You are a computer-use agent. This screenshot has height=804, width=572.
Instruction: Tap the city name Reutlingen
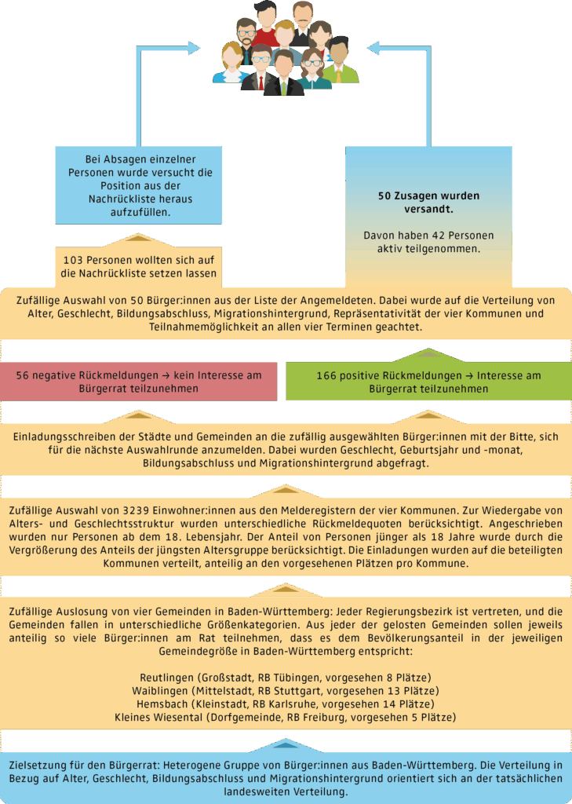pyautogui.click(x=163, y=678)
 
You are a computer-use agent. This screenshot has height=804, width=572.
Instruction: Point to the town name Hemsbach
pyautogui.click(x=162, y=704)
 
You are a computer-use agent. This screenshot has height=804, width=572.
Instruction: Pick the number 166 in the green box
pyautogui.click(x=326, y=376)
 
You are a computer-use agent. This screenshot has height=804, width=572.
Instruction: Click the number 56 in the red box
pyautogui.click(x=23, y=375)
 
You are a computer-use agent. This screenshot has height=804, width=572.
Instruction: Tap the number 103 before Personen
pyautogui.click(x=72, y=261)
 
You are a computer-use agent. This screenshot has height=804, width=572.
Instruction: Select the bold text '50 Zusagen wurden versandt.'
pyautogui.click(x=428, y=203)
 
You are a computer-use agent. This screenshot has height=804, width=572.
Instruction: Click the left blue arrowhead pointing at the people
pyautogui.click(x=194, y=48)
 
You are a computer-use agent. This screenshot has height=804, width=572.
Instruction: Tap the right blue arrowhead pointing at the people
pyautogui.click(x=373, y=48)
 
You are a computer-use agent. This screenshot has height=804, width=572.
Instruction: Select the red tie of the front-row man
pyautogui.click(x=260, y=82)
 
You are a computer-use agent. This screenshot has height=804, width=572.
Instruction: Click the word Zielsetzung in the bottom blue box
pyautogui.click(x=35, y=766)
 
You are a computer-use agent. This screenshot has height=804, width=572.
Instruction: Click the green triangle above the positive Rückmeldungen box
pyautogui.click(x=428, y=354)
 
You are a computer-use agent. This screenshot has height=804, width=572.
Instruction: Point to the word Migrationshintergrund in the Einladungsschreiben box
pyautogui.click(x=305, y=463)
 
